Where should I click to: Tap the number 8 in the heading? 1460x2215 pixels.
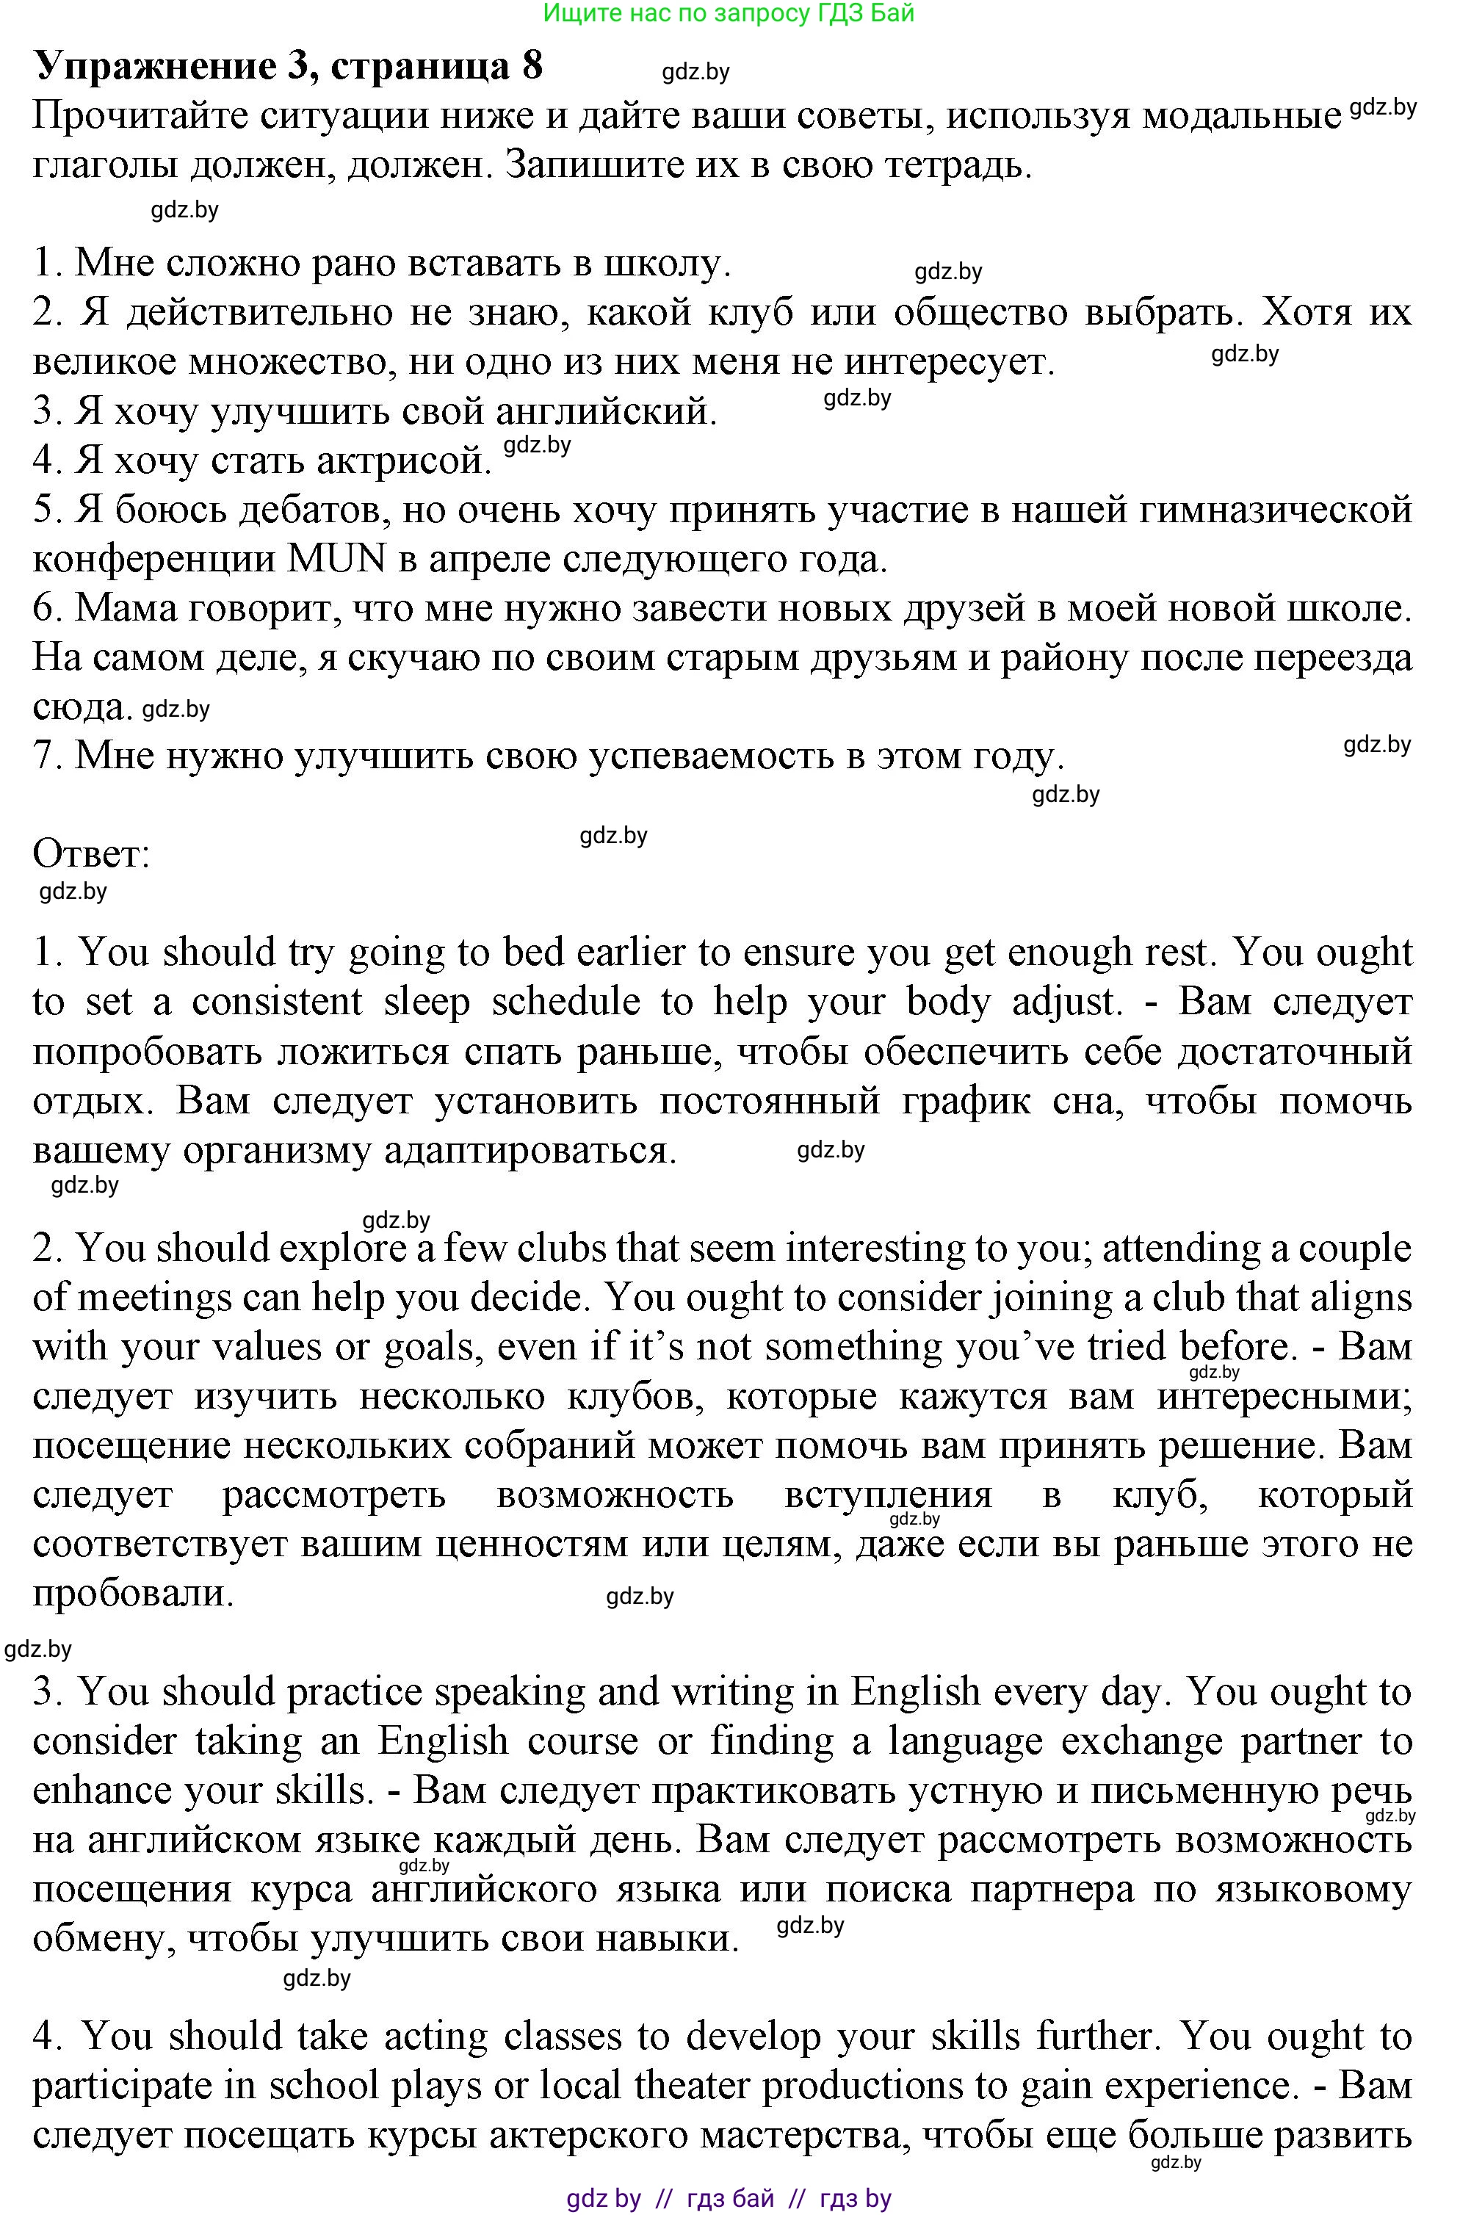tap(532, 67)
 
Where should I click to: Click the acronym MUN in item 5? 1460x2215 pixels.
tap(337, 559)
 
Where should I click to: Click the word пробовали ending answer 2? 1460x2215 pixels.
tap(132, 1593)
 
